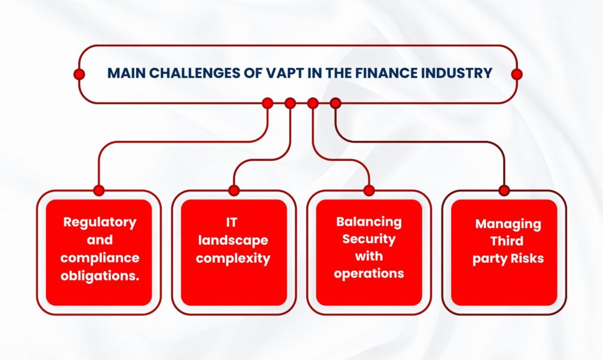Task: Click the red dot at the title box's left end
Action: (x=79, y=74)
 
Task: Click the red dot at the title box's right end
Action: (x=517, y=74)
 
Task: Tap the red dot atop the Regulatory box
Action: (x=99, y=190)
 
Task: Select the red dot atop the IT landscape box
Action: (x=234, y=190)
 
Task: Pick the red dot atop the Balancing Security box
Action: (x=369, y=190)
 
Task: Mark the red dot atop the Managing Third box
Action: (x=504, y=190)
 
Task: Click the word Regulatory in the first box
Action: (x=100, y=222)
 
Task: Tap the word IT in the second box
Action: (x=233, y=222)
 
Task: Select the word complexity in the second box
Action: (x=233, y=258)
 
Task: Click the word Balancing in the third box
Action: (x=369, y=222)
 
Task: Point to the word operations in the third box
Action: (x=369, y=274)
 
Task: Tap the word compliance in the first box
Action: (x=100, y=258)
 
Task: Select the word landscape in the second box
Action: (x=233, y=240)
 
